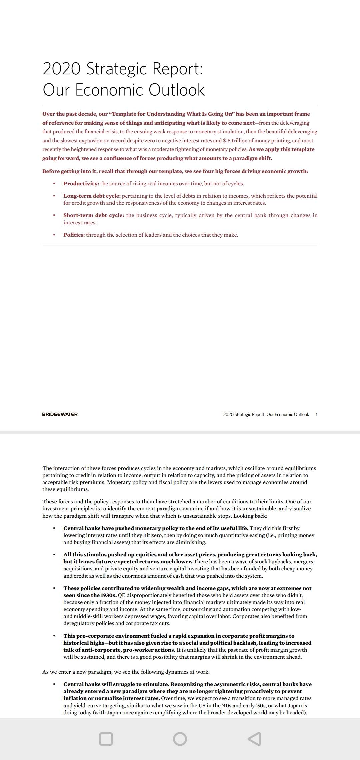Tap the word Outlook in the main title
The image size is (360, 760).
[x=176, y=90]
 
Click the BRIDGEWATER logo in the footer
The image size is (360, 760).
[x=60, y=414]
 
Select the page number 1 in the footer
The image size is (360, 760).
[x=316, y=414]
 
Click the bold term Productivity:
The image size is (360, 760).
[x=81, y=184]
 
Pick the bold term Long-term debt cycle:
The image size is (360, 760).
[x=92, y=196]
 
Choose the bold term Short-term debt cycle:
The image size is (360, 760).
[x=94, y=215]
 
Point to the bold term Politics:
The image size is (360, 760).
[x=74, y=235]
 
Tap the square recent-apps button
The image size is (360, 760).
[x=106, y=739]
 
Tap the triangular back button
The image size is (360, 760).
[x=254, y=739]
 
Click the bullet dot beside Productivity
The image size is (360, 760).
[x=54, y=184]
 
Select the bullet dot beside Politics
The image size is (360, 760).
[x=54, y=235]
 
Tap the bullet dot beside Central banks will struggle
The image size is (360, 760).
[x=54, y=684]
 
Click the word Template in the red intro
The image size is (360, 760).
[x=125, y=114]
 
